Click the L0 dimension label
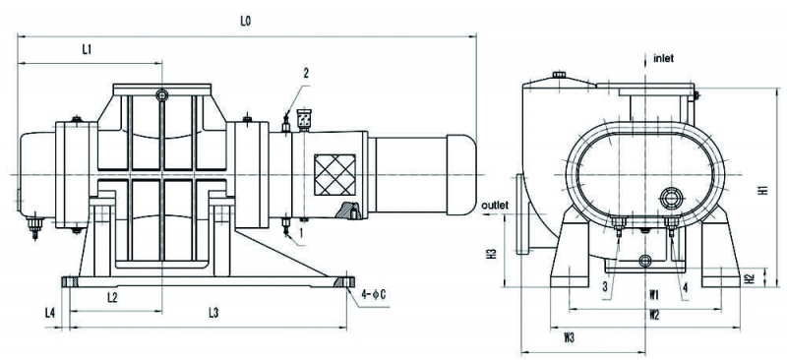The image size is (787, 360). click(x=245, y=22)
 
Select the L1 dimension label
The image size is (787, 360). click(x=87, y=49)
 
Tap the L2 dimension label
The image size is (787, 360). click(x=112, y=297)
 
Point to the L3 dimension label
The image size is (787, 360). click(x=213, y=313)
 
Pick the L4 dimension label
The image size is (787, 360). click(x=50, y=313)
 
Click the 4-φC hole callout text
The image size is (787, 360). click(x=374, y=295)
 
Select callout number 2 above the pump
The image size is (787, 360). click(x=306, y=73)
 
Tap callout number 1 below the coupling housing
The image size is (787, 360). click(x=301, y=232)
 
